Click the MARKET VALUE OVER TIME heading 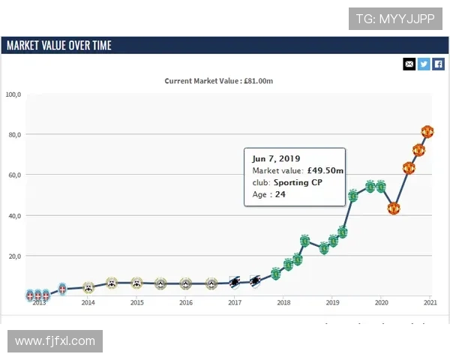pos(58,46)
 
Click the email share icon pos(409,64)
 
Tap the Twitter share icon pos(424,64)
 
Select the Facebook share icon pos(439,64)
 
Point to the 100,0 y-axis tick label pos(13,94)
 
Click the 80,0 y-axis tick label pos(15,135)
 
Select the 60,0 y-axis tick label pos(15,175)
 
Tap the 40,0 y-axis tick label pos(15,216)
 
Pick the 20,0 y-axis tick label pos(15,256)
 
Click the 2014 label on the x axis pos(88,303)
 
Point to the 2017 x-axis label pos(235,303)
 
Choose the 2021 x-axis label pos(430,303)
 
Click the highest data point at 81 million pos(427,132)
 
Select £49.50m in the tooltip pos(325,171)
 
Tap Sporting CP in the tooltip pos(298,182)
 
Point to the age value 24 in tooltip pos(280,194)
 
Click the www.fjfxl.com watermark pos(55,341)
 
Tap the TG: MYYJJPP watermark pos(395,18)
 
